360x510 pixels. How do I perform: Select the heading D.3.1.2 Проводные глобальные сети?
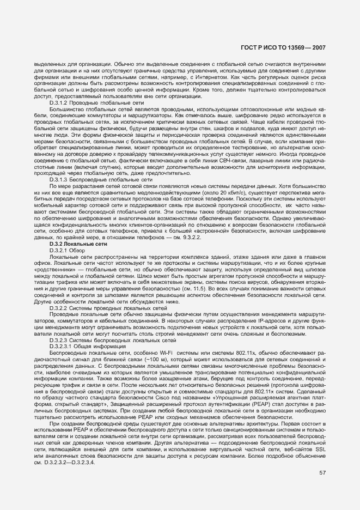point(96,102)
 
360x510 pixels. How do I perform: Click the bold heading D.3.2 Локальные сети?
point(75,245)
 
